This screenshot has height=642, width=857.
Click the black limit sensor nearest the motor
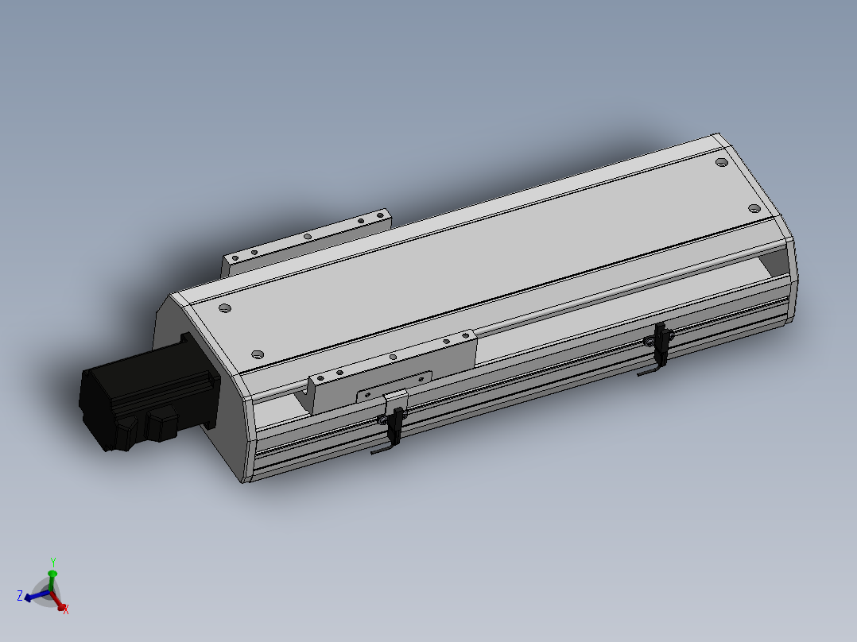(x=392, y=426)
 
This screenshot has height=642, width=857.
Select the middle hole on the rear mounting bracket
(x=307, y=236)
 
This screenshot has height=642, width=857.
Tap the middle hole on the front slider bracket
(x=393, y=358)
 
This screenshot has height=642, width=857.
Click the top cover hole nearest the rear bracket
(x=224, y=307)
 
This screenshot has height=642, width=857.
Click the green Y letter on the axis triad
(x=52, y=561)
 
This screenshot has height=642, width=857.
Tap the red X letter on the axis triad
(x=65, y=609)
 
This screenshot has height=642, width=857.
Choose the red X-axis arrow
(x=58, y=601)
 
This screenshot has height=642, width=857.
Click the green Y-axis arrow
(x=52, y=576)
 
